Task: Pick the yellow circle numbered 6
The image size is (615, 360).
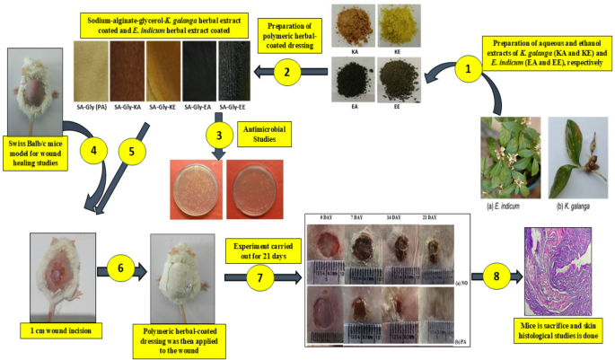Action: [x=122, y=267]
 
